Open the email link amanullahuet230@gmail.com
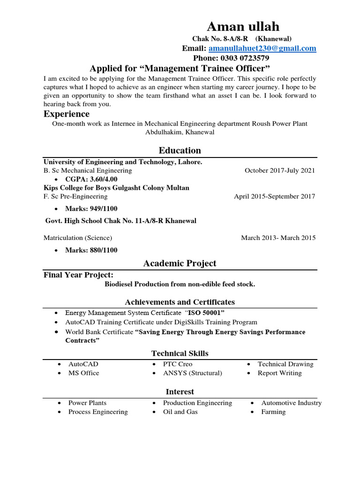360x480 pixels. click(262, 48)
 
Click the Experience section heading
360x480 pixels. click(67, 114)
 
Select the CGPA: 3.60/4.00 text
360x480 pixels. click(91, 179)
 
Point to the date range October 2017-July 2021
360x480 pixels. click(280, 171)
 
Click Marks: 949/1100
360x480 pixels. click(91, 208)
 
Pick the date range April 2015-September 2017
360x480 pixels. click(274, 196)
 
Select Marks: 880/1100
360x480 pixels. click(91, 250)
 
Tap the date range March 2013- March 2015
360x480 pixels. click(278, 238)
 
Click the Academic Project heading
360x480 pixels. click(180, 263)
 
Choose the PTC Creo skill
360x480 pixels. click(178, 364)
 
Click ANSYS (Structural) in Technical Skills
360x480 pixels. click(192, 373)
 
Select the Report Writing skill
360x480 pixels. click(279, 373)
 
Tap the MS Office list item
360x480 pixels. click(84, 373)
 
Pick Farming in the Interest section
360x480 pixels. click(273, 412)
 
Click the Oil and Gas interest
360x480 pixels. click(180, 412)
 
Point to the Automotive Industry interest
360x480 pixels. click(291, 403)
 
